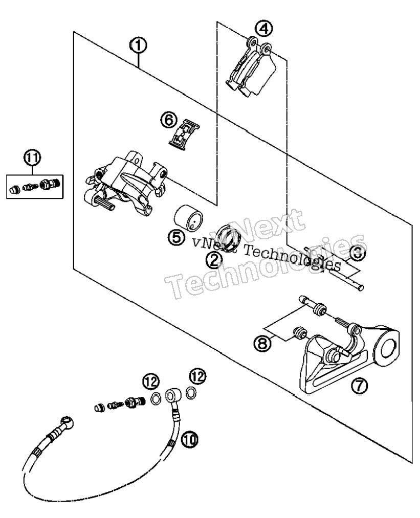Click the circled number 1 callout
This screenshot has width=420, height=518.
point(139,46)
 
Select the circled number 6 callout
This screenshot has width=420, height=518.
point(169,120)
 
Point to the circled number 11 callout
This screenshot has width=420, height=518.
point(32,158)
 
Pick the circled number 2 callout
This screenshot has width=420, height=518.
point(214,261)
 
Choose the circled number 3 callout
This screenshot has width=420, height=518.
point(357,254)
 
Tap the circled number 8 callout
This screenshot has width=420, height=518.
point(262,344)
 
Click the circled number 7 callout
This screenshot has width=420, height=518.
point(359,385)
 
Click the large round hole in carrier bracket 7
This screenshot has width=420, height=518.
point(388,349)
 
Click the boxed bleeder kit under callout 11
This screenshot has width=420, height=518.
point(35,187)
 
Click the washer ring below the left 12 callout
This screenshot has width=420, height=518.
point(156,399)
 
